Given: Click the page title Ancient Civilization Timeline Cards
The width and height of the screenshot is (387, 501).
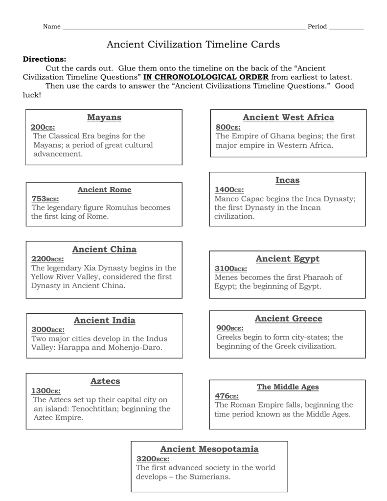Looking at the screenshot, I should click(x=193, y=45).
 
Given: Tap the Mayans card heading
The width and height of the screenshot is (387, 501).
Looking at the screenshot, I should click(x=104, y=117).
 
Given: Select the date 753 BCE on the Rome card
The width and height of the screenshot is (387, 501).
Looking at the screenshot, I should click(x=45, y=199).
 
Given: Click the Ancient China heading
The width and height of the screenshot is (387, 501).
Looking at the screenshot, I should click(x=104, y=250).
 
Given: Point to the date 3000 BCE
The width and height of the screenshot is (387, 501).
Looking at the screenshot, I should click(x=48, y=329).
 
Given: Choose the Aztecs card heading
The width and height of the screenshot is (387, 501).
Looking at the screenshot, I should click(x=105, y=381).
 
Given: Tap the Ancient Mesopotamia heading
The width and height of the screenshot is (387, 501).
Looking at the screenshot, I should click(x=209, y=449).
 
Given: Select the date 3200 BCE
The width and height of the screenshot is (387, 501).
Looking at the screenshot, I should click(x=153, y=459).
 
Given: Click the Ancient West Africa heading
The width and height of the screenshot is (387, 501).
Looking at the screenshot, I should click(x=289, y=117).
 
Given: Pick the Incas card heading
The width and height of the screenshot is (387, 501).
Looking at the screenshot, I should click(x=288, y=181).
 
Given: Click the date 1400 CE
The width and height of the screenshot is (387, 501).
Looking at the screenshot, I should click(x=229, y=190).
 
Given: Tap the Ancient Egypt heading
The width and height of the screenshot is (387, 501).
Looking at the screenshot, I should click(x=288, y=259).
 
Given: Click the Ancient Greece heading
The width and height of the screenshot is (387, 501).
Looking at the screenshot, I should click(x=289, y=319).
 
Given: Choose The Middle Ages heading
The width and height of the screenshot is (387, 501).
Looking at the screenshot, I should click(x=288, y=387).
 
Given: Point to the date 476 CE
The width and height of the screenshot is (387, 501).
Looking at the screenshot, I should click(x=227, y=396).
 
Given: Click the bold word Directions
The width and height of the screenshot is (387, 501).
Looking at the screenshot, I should click(x=45, y=59).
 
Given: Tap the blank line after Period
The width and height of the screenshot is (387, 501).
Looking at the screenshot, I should click(x=346, y=27).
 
